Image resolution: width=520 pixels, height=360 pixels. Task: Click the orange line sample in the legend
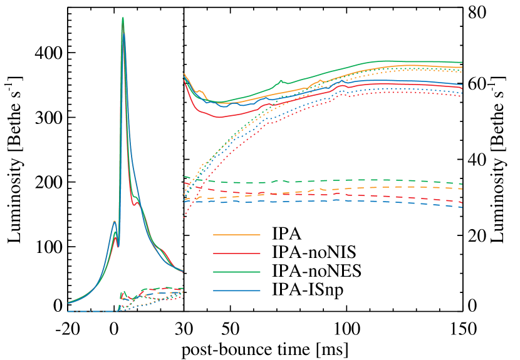click(x=236, y=235)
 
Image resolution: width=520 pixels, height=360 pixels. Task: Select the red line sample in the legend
click(x=236, y=254)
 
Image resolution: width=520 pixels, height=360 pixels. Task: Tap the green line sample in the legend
click(x=236, y=272)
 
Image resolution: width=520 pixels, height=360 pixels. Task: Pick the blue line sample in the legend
click(x=236, y=291)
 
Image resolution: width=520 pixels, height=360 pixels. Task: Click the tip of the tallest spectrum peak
click(x=123, y=18)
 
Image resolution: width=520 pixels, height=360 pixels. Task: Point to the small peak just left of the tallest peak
click(x=114, y=221)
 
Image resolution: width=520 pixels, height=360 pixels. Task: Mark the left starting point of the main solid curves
click(x=68, y=303)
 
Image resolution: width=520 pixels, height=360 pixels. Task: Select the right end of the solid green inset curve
click(x=462, y=63)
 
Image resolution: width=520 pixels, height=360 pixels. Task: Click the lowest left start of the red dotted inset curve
click(x=184, y=217)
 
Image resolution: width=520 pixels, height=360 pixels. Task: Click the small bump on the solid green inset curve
click(x=281, y=80)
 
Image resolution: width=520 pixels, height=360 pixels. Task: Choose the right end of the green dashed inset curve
click(x=462, y=184)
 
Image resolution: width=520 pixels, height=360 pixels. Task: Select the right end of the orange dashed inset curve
click(x=462, y=188)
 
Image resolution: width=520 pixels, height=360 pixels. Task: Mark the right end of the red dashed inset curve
click(x=462, y=203)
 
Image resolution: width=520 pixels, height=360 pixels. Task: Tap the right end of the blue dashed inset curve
click(x=462, y=207)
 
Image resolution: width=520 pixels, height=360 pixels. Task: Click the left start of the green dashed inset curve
click(x=184, y=177)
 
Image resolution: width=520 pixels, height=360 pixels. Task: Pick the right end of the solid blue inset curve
click(x=462, y=85)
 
